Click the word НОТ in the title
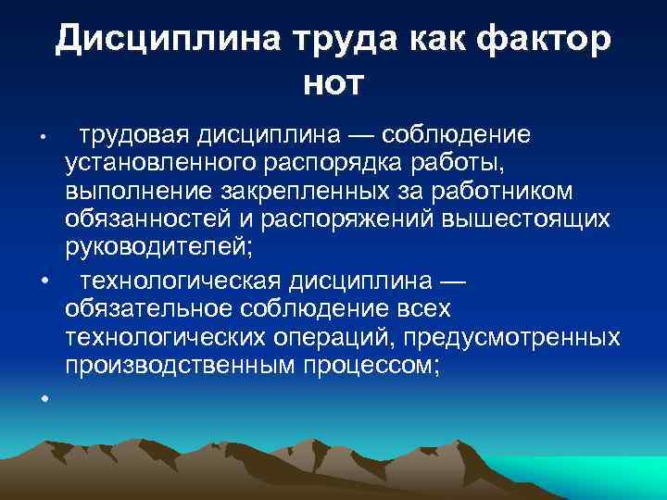click(333, 84)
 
